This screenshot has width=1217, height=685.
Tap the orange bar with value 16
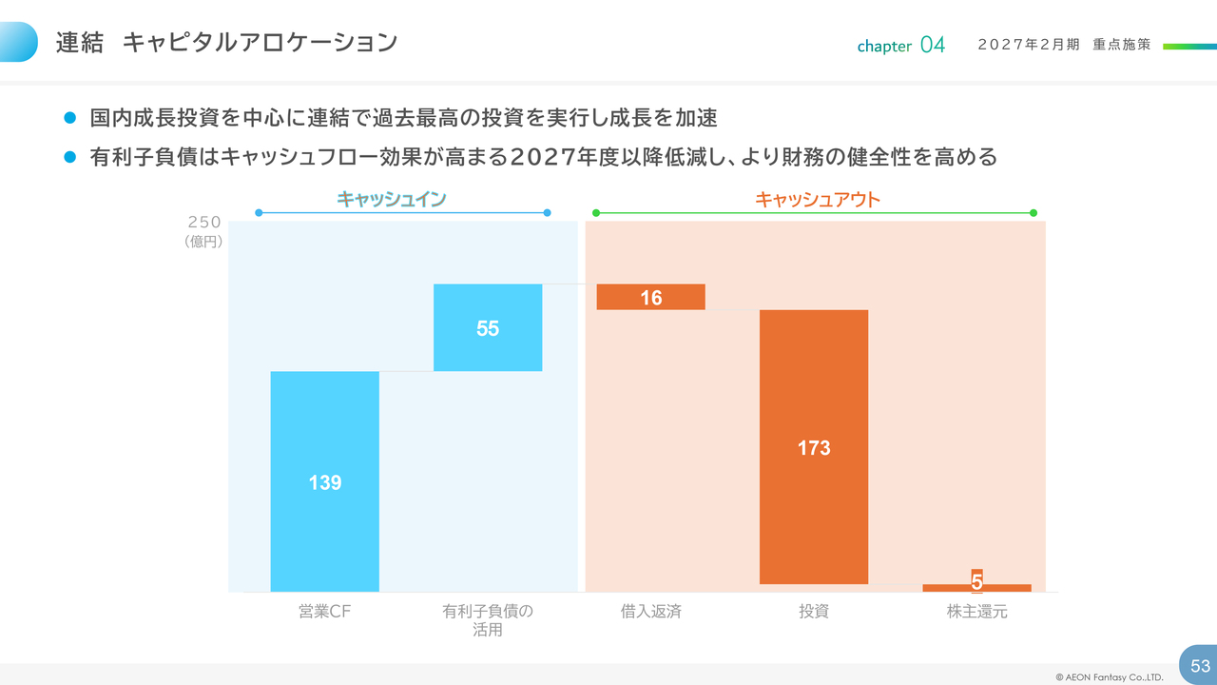click(650, 297)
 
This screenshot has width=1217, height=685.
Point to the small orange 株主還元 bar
click(976, 587)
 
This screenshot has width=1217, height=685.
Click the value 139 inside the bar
click(324, 483)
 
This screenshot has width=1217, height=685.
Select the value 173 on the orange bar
click(814, 448)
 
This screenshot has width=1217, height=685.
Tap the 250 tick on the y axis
click(204, 223)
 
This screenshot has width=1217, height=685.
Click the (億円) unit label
click(203, 242)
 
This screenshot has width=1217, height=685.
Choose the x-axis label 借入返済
click(650, 612)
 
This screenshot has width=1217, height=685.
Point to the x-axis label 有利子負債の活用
click(488, 620)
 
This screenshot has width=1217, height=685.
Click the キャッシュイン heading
click(392, 199)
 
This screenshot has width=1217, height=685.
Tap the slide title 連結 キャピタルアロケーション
click(226, 43)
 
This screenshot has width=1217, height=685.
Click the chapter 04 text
click(900, 46)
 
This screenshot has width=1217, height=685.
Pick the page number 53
click(1200, 666)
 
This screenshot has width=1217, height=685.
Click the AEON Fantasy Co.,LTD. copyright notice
click(1109, 677)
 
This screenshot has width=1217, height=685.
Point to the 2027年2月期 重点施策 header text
click(1064, 45)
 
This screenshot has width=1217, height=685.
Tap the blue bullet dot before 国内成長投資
click(68, 118)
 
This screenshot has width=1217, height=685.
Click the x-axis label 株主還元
click(976, 612)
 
